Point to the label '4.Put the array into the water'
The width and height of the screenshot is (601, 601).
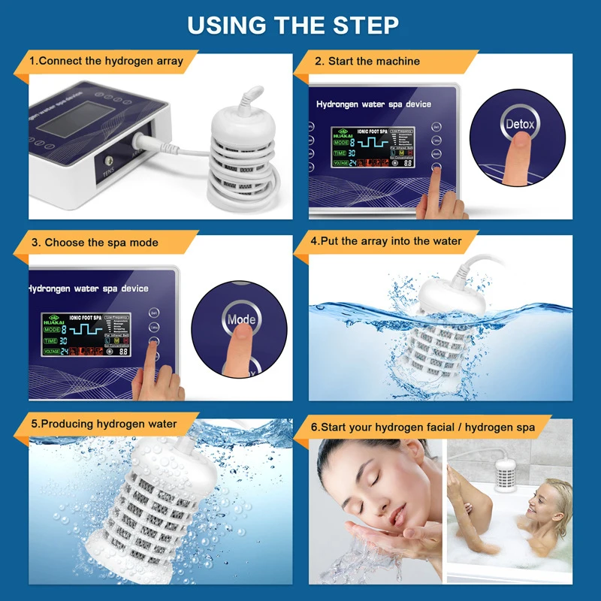tap(386, 241)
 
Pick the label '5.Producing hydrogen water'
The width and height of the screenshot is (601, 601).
tap(104, 424)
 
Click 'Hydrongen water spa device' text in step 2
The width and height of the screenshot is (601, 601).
tap(373, 104)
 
